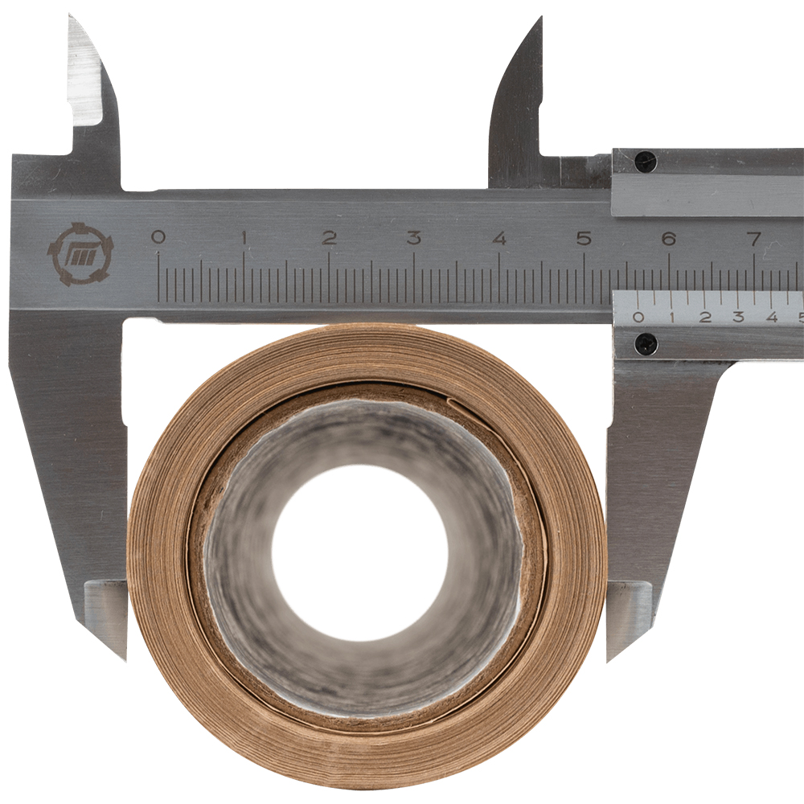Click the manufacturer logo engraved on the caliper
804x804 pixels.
point(80,254)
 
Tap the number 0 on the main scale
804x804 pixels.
point(158,237)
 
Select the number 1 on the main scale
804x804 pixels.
point(244,237)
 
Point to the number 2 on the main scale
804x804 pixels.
point(329,237)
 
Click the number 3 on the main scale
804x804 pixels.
point(414,237)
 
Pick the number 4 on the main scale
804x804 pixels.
point(499,238)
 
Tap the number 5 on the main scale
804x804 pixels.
point(584,238)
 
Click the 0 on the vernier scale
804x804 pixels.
point(638,317)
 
